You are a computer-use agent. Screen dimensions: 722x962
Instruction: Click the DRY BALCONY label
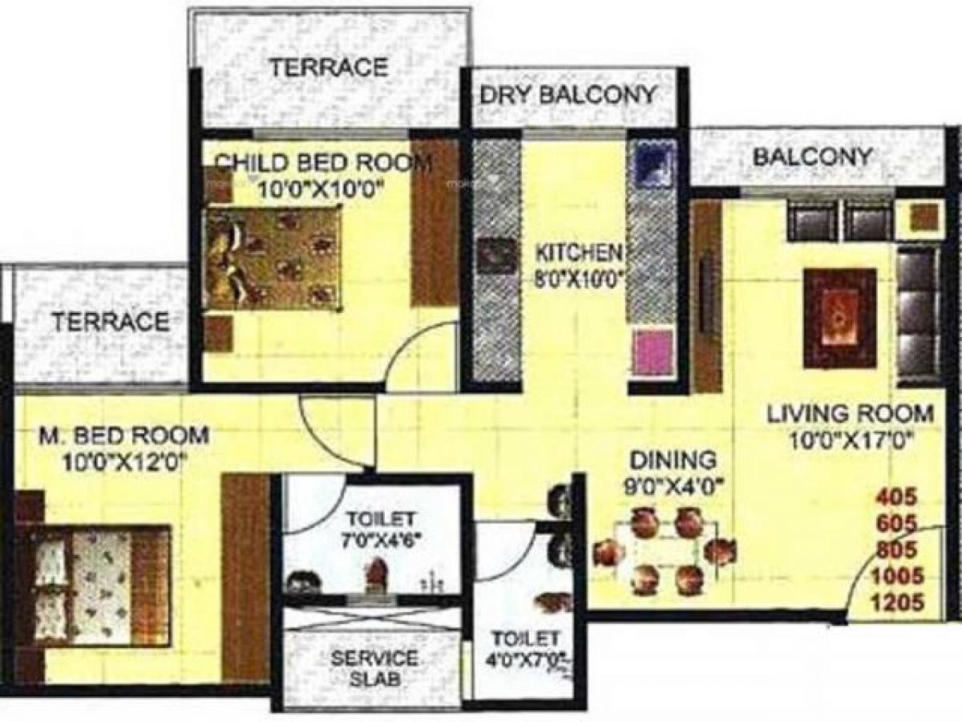click(568, 95)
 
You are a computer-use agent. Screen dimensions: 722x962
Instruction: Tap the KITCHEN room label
click(579, 253)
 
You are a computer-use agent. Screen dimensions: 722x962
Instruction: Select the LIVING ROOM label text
click(851, 415)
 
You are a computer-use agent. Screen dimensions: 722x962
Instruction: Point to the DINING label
click(672, 460)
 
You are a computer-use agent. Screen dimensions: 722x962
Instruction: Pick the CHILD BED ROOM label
click(324, 163)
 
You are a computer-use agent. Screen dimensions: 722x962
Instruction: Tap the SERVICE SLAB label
click(375, 668)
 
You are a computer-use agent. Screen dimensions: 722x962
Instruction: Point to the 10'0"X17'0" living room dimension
click(851, 440)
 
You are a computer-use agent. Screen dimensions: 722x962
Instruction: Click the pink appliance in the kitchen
click(653, 353)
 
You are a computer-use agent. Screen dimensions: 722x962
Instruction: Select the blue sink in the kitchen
click(652, 165)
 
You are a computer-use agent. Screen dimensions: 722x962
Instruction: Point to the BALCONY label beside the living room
click(812, 156)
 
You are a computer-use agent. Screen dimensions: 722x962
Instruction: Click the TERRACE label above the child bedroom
click(328, 67)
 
